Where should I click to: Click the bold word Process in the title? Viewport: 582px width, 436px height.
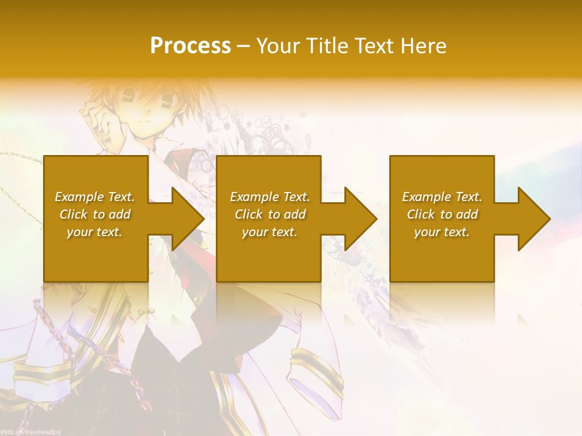(190, 45)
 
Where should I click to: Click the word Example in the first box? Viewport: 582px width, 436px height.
(79, 197)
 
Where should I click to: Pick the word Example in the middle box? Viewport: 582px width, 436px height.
(254, 197)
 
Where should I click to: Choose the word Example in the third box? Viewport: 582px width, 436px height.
(426, 197)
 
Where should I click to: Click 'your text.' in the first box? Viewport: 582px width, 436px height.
(95, 232)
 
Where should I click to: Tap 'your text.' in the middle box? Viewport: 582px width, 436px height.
(270, 232)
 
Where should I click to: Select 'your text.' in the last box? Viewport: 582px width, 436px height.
(442, 232)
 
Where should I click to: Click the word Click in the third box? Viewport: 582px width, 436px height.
(421, 214)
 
